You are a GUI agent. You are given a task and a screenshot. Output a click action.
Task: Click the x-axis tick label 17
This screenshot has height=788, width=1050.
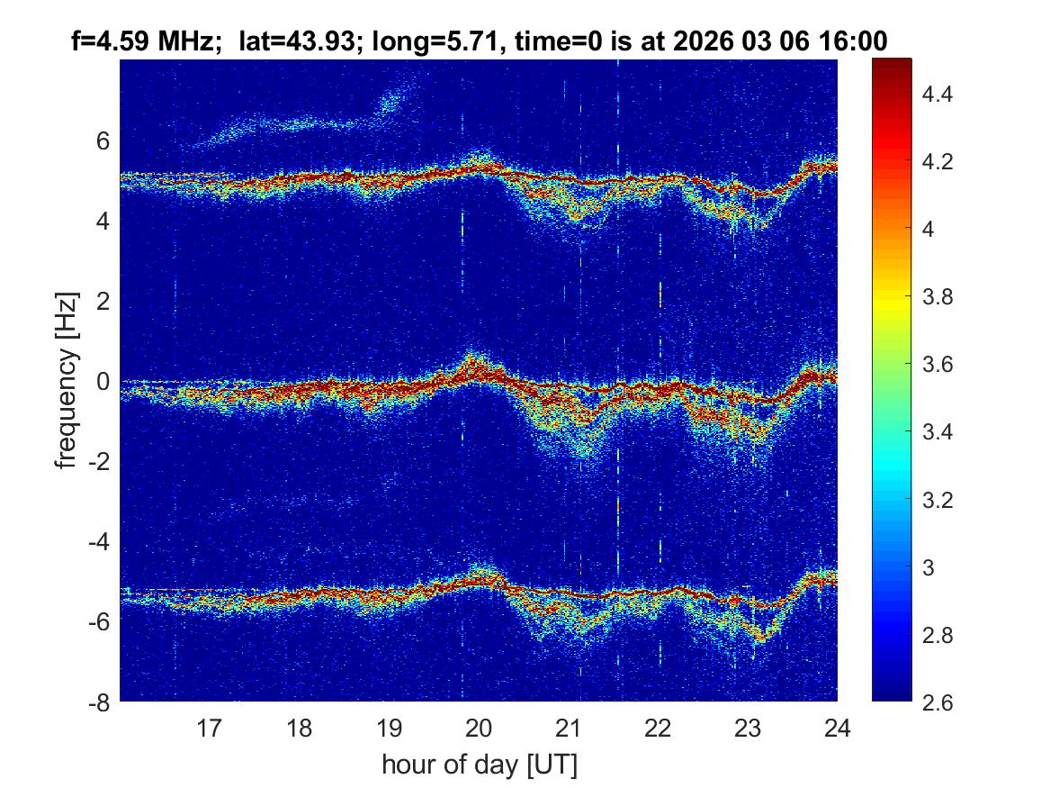click(x=210, y=727)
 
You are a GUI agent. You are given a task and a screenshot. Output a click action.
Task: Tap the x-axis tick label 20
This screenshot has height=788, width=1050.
click(x=479, y=727)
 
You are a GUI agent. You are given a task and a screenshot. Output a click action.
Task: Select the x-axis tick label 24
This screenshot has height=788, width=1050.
click(x=837, y=727)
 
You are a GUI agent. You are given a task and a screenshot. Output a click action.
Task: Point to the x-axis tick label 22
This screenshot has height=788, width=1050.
click(x=658, y=727)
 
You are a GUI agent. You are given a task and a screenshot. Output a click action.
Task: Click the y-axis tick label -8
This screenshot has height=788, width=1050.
click(x=100, y=702)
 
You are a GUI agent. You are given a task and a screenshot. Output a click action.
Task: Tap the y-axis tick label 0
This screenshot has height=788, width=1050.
click(x=104, y=382)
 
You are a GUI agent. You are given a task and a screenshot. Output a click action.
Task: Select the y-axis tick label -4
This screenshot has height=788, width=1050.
click(x=100, y=542)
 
